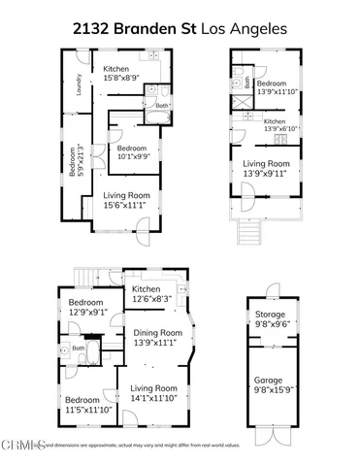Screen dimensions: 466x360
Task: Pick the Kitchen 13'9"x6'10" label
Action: [275, 125]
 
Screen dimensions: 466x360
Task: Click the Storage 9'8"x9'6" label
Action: [271, 319]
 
